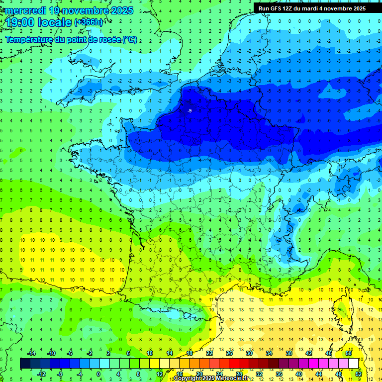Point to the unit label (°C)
(130, 39)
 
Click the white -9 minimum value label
(190, 110)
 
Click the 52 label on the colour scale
(359, 374)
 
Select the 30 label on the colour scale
(249, 353)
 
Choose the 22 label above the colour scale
(209, 353)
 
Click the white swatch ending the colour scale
(354, 363)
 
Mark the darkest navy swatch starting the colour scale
(25, 363)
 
